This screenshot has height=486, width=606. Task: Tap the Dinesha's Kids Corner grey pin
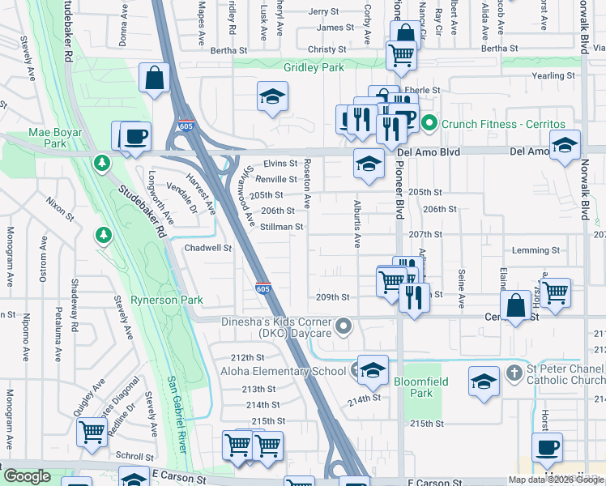[344, 327]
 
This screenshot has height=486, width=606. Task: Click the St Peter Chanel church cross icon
[512, 372]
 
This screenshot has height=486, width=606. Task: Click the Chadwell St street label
[208, 248]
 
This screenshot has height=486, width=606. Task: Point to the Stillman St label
[282, 228]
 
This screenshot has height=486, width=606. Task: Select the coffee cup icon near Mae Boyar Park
[136, 136]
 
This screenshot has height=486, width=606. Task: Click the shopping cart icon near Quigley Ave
[92, 431]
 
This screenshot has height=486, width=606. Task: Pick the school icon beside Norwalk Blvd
[564, 146]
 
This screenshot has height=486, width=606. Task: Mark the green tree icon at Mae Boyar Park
[102, 164]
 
